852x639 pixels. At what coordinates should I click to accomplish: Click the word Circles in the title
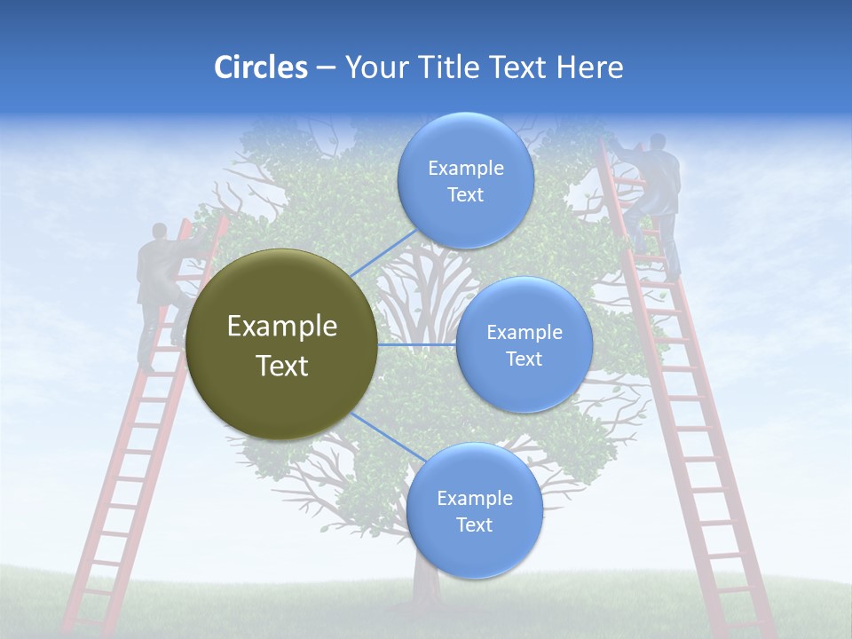(260, 67)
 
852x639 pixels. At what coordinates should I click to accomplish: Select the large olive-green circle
(281, 345)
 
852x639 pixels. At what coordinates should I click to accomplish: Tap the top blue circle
(465, 181)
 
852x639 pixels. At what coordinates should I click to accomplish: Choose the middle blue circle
(524, 345)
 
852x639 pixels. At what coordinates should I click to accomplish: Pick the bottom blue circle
(474, 511)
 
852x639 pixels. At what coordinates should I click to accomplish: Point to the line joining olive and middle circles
(416, 344)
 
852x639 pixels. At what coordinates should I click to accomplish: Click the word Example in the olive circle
(281, 327)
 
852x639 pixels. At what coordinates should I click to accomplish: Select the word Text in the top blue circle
(465, 195)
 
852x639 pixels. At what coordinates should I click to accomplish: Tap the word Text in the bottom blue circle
(474, 525)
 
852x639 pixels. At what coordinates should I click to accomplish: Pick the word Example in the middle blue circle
(524, 333)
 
